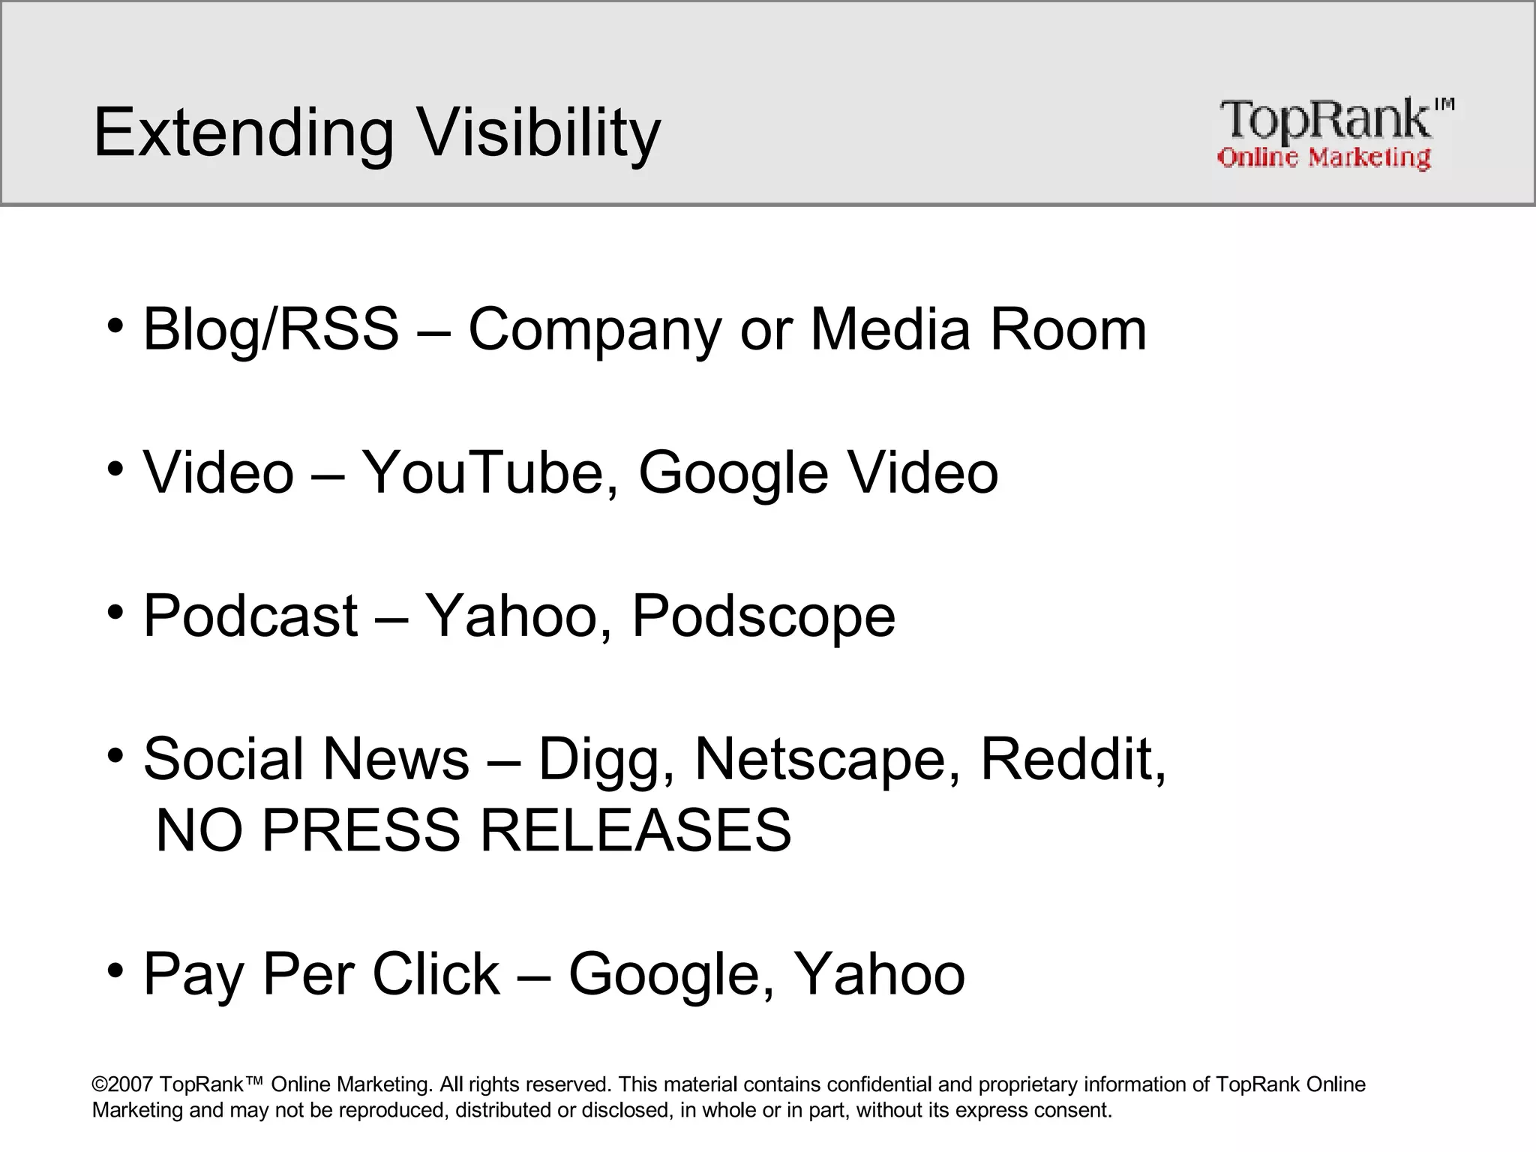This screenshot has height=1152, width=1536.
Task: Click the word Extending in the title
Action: click(243, 133)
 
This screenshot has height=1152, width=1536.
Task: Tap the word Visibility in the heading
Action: click(538, 133)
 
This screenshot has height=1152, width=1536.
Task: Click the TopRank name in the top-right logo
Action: click(1324, 120)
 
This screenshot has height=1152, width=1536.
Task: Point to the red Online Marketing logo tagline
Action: click(1323, 157)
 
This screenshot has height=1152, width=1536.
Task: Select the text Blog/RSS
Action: click(271, 329)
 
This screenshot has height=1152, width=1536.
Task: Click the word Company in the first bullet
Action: click(594, 329)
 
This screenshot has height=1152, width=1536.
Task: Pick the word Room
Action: click(1068, 329)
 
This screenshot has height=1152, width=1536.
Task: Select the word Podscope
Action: click(763, 616)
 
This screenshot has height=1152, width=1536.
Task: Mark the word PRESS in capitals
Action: click(360, 830)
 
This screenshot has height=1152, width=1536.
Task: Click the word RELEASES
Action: click(634, 830)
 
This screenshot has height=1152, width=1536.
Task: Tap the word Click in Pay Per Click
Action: click(436, 974)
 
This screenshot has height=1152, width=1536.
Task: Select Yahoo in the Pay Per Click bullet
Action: click(878, 974)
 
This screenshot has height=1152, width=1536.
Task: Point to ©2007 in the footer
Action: click(122, 1084)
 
